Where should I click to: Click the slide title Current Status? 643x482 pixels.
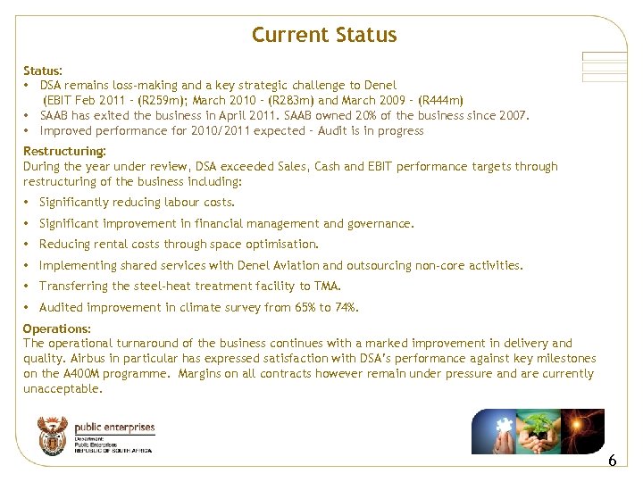point(323,35)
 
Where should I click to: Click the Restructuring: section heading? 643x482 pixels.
point(64,151)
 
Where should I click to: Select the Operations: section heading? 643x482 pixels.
point(57,328)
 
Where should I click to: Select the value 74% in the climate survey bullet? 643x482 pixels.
point(345,307)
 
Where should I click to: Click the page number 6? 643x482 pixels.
point(612,461)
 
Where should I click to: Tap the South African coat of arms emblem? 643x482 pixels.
point(52,436)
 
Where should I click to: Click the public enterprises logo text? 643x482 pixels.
point(114,429)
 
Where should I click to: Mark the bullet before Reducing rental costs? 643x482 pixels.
point(28,245)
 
